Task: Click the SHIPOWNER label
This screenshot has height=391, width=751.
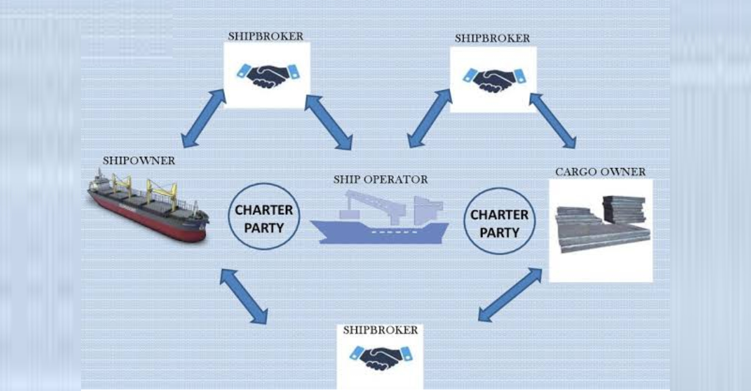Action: click(x=139, y=160)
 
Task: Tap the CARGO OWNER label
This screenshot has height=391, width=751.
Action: click(x=600, y=172)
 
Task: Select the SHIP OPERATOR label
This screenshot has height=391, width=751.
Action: click(x=380, y=179)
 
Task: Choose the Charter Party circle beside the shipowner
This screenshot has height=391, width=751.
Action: click(x=264, y=217)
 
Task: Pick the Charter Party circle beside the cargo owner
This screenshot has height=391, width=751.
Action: click(x=499, y=221)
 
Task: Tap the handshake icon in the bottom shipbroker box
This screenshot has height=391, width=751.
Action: click(x=380, y=357)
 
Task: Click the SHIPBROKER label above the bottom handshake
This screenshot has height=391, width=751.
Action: click(x=380, y=330)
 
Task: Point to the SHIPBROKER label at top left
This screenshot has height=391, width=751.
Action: click(x=266, y=36)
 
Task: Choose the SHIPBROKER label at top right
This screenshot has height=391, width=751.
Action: click(x=492, y=38)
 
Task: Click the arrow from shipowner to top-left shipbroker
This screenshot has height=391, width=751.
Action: click(x=204, y=118)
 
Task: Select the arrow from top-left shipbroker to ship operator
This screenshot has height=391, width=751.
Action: click(x=329, y=122)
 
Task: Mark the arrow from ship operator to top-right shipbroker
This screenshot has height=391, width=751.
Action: click(x=429, y=118)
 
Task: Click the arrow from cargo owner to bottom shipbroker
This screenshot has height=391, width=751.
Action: click(x=510, y=295)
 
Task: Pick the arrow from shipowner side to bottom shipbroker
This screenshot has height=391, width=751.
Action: click(x=243, y=296)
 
